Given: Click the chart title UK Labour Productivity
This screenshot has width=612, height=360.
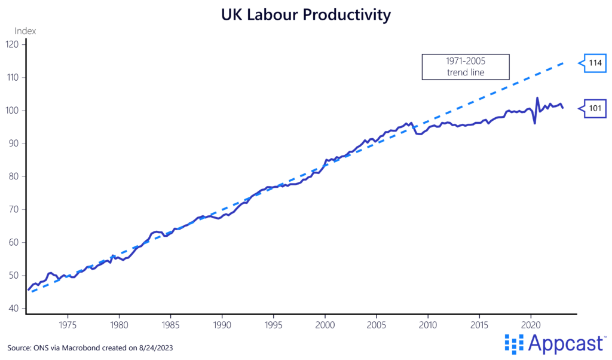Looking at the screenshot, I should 305,15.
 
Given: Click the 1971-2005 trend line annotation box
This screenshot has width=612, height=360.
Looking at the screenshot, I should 466,67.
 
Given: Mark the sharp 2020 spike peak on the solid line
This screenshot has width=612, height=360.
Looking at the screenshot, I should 537,98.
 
